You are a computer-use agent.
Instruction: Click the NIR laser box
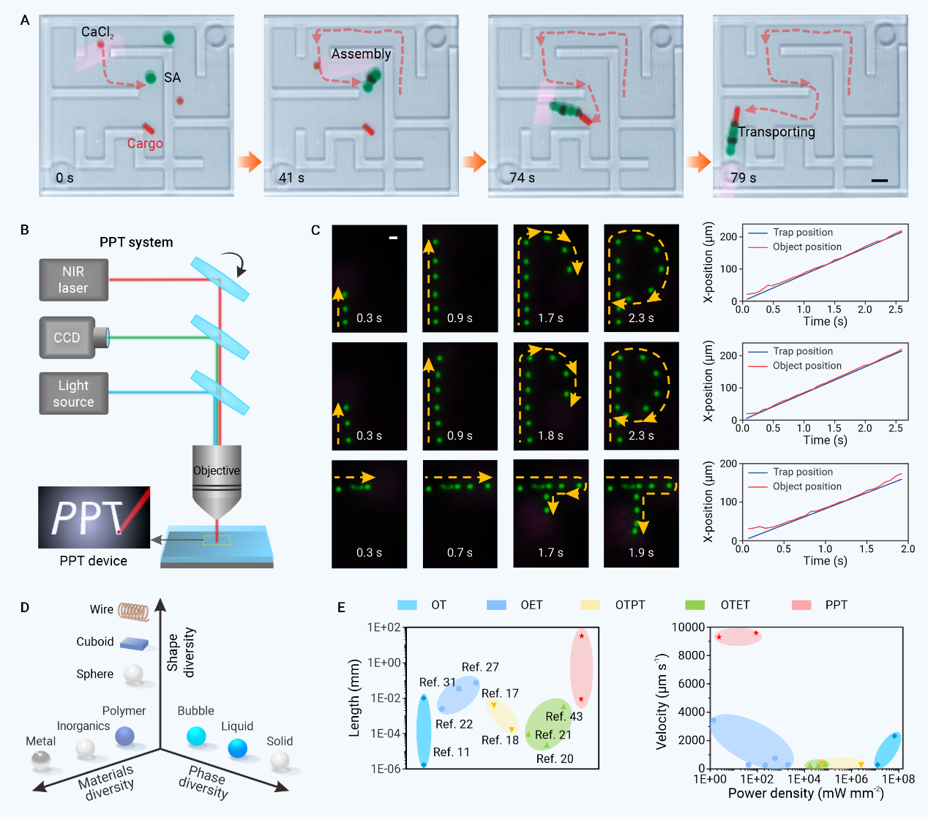click(73, 280)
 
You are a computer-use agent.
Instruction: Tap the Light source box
click(73, 394)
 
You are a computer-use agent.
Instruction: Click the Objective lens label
click(216, 470)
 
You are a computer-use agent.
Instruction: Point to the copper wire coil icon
click(134, 611)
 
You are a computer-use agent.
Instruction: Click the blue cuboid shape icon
click(134, 644)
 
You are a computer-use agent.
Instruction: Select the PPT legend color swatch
click(801, 605)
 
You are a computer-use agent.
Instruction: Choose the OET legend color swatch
click(496, 605)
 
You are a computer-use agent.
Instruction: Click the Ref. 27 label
click(480, 667)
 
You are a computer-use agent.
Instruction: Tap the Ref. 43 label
click(564, 717)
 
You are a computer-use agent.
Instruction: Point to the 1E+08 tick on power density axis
click(898, 780)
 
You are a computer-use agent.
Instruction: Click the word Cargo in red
click(145, 143)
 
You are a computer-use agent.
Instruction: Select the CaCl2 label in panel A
click(97, 32)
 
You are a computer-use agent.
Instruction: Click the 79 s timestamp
click(743, 178)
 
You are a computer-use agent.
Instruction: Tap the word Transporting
click(777, 132)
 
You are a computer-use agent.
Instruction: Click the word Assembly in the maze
click(361, 54)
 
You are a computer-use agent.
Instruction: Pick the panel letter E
click(341, 607)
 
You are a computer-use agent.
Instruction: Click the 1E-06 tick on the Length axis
click(384, 769)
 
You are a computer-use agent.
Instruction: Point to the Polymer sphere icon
click(125, 736)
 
